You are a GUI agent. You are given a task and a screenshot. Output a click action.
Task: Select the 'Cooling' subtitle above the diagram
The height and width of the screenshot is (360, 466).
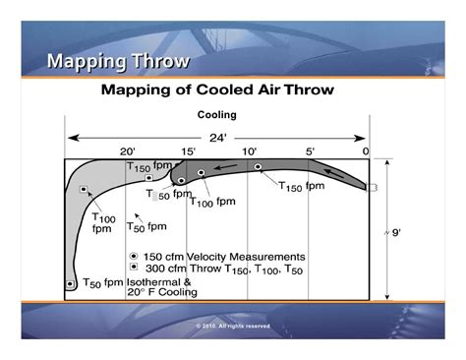pyautogui.click(x=217, y=115)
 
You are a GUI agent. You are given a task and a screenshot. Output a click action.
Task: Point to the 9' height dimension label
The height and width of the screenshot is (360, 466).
pyautogui.click(x=394, y=234)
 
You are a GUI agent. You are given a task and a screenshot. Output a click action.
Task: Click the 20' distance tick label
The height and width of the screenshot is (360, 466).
pyautogui.click(x=128, y=151)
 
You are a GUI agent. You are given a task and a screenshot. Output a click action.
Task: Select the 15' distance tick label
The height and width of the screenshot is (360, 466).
pyautogui.click(x=188, y=151)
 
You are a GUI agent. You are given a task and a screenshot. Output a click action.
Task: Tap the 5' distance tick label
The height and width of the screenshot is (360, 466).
pyautogui.click(x=310, y=151)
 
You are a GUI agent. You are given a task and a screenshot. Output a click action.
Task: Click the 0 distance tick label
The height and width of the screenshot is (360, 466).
pyautogui.click(x=366, y=151)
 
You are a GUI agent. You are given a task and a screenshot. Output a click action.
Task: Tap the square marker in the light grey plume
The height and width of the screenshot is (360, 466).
pyautogui.click(x=84, y=189)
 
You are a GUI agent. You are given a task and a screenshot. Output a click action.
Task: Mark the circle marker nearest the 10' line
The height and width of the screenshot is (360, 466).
pyautogui.click(x=258, y=167)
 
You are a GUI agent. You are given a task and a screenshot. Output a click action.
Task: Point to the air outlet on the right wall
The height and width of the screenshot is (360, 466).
pyautogui.click(x=374, y=185)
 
